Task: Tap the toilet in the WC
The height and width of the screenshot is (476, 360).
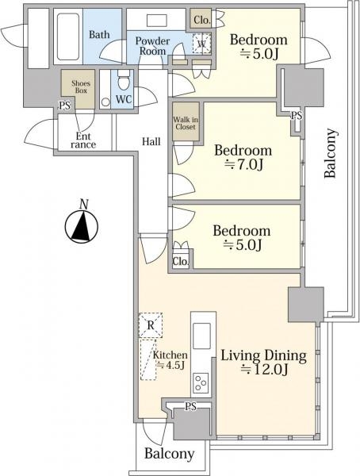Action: click(124, 80)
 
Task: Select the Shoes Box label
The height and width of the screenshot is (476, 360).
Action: click(81, 86)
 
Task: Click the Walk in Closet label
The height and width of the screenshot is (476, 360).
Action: click(186, 123)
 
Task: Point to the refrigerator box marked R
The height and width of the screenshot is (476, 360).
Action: click(151, 325)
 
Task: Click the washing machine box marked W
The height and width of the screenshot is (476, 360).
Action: click(201, 43)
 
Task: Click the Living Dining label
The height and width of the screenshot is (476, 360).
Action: click(263, 355)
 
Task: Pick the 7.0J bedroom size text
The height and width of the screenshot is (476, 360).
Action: click(243, 164)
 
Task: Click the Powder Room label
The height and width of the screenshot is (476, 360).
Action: click(152, 46)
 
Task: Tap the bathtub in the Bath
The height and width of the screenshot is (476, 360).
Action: click(68, 36)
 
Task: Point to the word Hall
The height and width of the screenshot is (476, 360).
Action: click(151, 141)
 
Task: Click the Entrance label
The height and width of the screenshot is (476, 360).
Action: click(83, 140)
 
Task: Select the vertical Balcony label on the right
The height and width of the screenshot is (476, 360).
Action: click(330, 153)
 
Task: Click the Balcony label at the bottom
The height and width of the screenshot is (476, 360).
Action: click(170, 454)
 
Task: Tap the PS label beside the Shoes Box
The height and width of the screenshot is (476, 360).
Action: click(65, 106)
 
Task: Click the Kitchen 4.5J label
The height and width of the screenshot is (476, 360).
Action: click(170, 360)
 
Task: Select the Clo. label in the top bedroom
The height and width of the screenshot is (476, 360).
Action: click(202, 20)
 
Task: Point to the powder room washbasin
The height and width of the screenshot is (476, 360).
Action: click(157, 21)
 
